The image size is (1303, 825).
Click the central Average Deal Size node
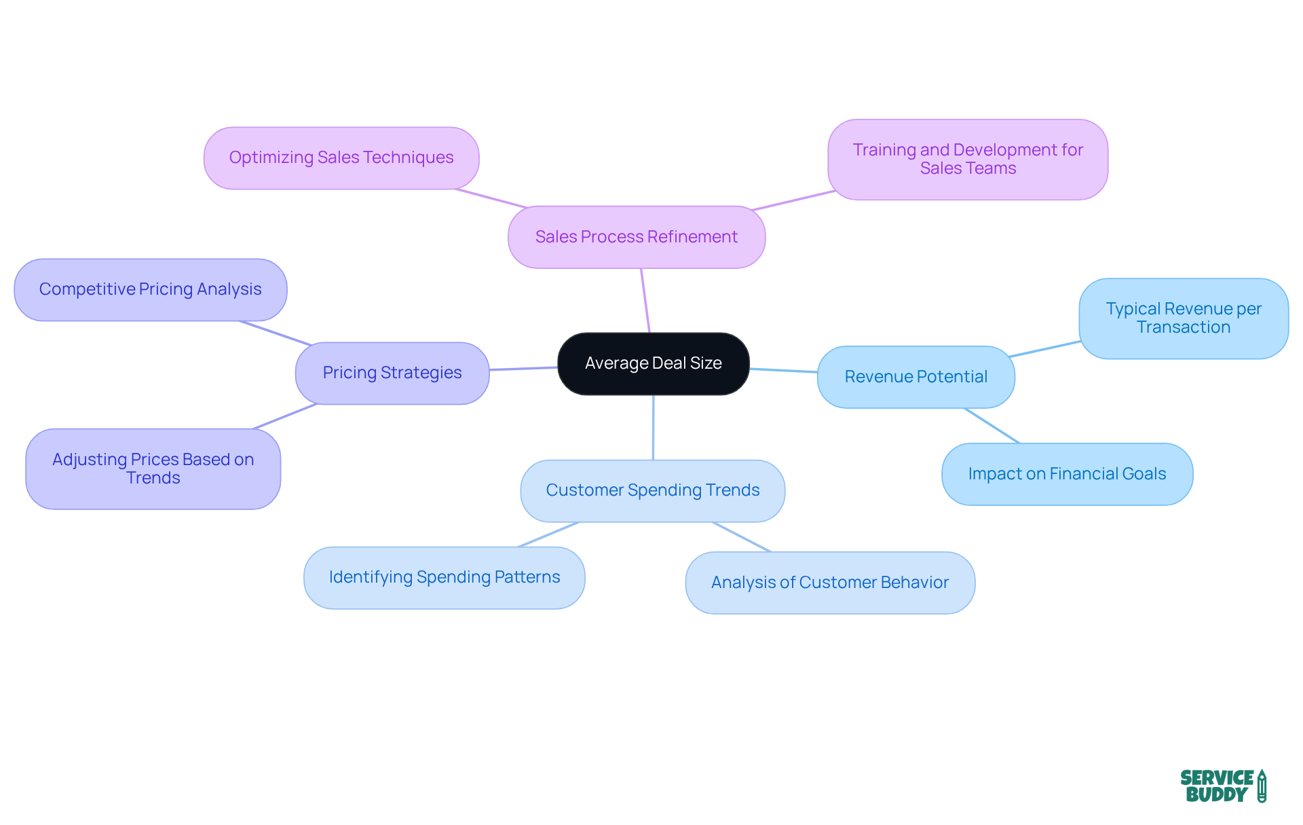(653, 363)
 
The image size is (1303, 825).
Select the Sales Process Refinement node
(636, 237)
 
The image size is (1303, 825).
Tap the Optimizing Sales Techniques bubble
(341, 158)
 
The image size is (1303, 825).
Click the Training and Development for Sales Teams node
(967, 160)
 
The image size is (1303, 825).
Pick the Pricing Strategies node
(392, 373)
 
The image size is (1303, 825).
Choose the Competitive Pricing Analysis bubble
(150, 289)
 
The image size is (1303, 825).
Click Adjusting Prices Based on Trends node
(153, 469)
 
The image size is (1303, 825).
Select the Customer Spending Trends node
(652, 490)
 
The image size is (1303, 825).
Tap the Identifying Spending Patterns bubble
(444, 577)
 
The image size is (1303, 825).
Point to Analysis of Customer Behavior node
(829, 583)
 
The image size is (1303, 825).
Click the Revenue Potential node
(915, 377)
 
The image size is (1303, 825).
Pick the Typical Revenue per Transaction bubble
(1183, 318)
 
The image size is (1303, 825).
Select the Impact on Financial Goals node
(1066, 474)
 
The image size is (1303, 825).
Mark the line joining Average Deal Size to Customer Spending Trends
(653, 428)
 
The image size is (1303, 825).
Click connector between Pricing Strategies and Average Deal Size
(523, 369)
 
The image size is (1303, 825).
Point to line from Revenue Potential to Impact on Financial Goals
(992, 426)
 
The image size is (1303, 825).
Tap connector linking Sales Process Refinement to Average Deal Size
(645, 301)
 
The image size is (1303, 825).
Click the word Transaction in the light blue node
(1183, 327)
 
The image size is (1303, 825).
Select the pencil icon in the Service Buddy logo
(1262, 786)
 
